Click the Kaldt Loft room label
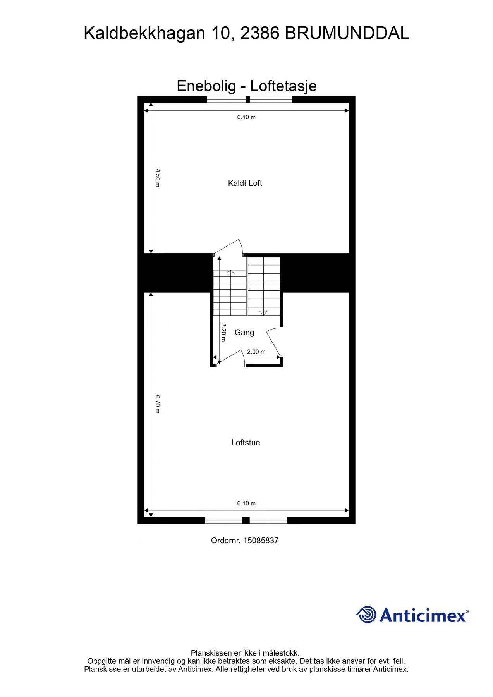coord(245,183)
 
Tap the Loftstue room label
coord(246,443)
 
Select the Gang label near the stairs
coord(244,332)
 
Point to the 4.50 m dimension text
coord(158,178)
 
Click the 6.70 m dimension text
coord(158,404)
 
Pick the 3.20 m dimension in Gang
coord(223,333)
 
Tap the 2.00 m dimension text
coord(256,352)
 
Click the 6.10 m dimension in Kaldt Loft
coord(246,117)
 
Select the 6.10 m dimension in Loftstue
coord(246,503)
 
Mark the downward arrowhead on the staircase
coord(264,312)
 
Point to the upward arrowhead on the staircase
coord(230,272)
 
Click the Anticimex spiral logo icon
coord(366,615)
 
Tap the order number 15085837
coord(261,541)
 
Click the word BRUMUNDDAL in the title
coord(347,33)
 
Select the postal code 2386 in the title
coord(260,33)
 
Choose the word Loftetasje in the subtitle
coord(283,86)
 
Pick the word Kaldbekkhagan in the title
coord(144,34)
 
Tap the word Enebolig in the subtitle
coord(206,86)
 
